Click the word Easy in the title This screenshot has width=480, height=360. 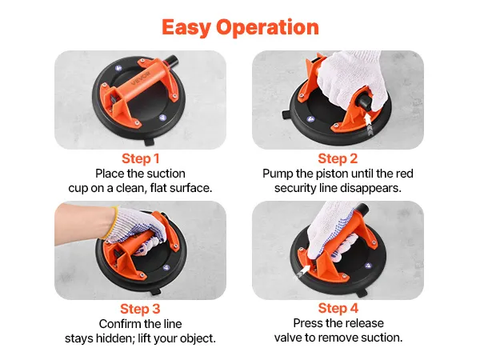point(186,27)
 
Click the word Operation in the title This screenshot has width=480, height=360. point(267,27)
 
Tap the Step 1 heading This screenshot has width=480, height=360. point(141,158)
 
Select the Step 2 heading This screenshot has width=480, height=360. point(338,158)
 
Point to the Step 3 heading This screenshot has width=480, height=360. point(140,309)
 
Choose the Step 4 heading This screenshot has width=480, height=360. point(338,308)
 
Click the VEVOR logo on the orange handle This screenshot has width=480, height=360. point(141,78)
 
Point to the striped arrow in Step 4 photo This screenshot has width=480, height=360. point(304,271)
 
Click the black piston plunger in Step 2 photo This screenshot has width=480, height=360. point(365,102)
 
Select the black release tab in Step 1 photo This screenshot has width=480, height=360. point(150,142)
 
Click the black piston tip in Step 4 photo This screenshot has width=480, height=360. point(362,209)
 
